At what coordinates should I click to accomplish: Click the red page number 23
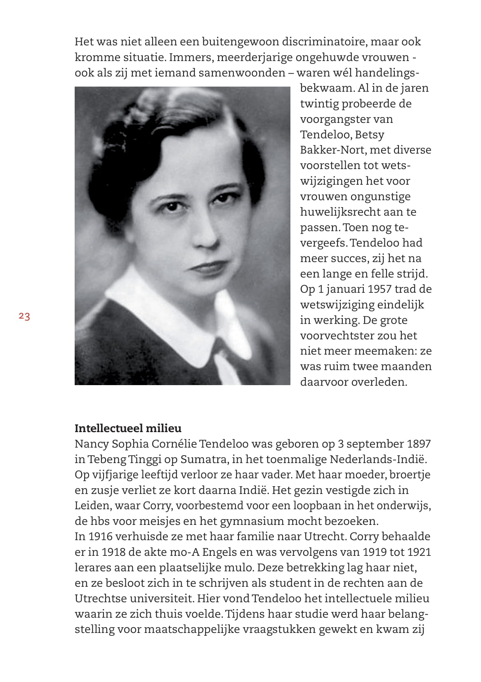point(24,317)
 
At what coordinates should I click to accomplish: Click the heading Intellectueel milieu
point(128,428)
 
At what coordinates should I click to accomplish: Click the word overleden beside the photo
point(379,382)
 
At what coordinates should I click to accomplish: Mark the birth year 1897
point(419,444)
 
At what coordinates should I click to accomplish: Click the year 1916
point(99,537)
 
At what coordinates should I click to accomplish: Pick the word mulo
point(238,568)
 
